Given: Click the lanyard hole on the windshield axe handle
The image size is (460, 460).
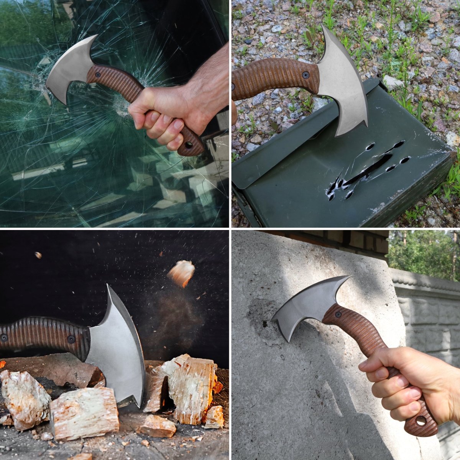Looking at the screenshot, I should (188, 146).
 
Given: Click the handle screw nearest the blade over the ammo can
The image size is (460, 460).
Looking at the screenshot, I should (306, 75).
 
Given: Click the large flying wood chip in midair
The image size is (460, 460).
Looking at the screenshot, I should (182, 273).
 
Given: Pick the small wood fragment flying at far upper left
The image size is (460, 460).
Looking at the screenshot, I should (38, 255).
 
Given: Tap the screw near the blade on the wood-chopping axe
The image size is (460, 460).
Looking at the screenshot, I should (71, 339).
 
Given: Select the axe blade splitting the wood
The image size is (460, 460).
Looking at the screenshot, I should (115, 353).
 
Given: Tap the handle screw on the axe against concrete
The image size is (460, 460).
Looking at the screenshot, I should (338, 315).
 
